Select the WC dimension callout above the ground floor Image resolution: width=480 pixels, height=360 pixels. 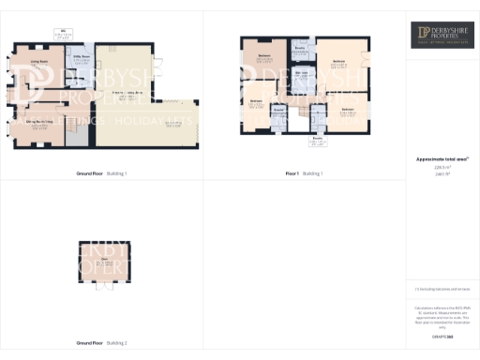tap(65, 35)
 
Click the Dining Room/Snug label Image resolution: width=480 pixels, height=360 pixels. tap(37, 124)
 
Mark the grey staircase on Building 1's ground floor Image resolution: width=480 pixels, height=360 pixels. tap(79, 137)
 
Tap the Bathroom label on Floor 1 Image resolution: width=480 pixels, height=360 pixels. tap(302, 73)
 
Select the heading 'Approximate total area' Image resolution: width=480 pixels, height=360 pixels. tap(442, 159)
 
